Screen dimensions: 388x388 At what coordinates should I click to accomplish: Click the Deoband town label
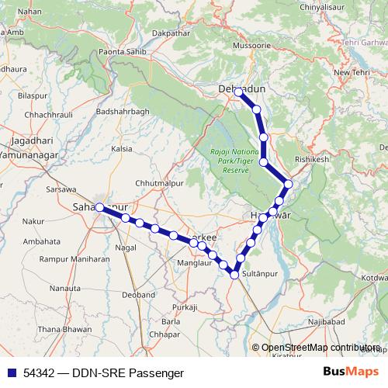[138, 294]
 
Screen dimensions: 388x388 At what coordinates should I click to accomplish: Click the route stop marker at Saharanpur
[99, 206]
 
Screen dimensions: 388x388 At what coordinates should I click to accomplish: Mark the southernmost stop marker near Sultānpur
[234, 272]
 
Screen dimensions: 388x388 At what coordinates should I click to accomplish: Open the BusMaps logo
[350, 372]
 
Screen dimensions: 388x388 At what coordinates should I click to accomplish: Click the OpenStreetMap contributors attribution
[320, 348]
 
